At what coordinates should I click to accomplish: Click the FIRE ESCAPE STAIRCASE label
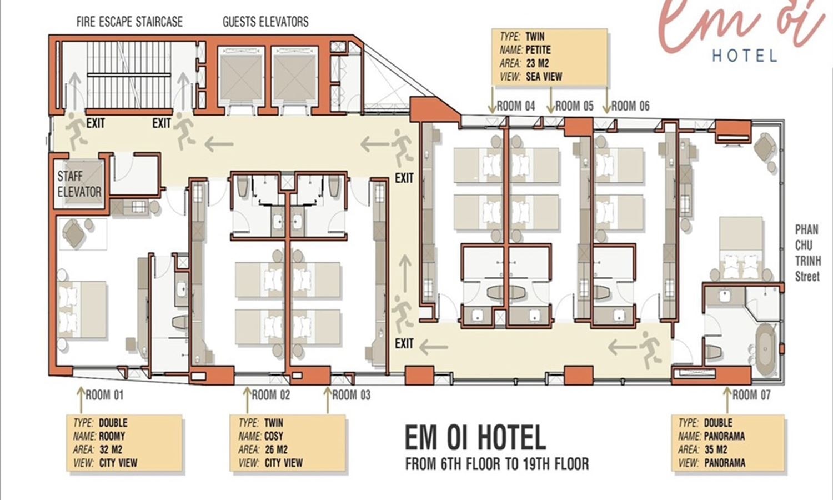tap(129, 22)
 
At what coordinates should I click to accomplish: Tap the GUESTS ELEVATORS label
tap(265, 22)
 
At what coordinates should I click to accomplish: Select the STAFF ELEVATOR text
tap(79, 184)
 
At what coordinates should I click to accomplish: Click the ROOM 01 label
tap(104, 394)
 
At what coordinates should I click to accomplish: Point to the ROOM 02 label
tap(271, 394)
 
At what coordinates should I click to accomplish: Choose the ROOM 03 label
tap(352, 394)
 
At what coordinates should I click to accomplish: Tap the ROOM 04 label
tap(516, 106)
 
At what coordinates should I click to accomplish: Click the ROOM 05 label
tap(574, 106)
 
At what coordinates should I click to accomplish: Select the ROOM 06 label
tap(630, 106)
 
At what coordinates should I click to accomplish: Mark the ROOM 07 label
tap(751, 394)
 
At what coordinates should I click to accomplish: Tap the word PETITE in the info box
tap(538, 50)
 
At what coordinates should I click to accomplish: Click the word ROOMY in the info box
tap(112, 436)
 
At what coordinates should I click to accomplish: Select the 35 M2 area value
tap(716, 449)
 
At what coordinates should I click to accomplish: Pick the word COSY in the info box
tap(274, 436)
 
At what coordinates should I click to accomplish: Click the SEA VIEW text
tap(544, 77)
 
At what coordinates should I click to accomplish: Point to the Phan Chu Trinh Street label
tap(807, 253)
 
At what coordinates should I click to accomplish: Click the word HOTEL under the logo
tap(745, 56)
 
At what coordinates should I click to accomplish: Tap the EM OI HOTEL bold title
tap(475, 438)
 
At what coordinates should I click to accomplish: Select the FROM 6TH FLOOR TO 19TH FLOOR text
tap(497, 464)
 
